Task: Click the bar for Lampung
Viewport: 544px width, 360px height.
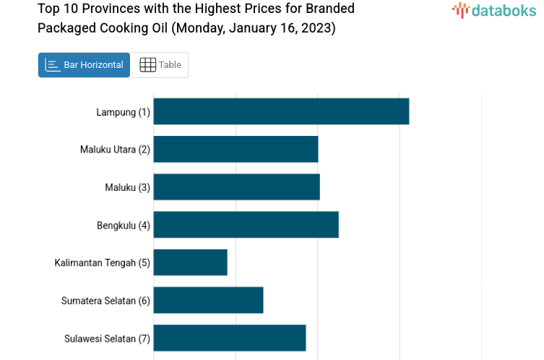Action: click(281, 111)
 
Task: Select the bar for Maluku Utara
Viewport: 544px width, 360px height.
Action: click(236, 149)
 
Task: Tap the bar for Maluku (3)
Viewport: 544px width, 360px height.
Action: click(236, 187)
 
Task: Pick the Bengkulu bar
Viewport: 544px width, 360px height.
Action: click(246, 224)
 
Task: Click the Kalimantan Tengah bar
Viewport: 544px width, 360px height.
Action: click(190, 262)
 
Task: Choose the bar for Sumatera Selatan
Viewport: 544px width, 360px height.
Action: click(208, 299)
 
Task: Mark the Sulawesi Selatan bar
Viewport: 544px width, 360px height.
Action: click(229, 338)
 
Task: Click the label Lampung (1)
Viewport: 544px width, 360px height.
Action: click(123, 112)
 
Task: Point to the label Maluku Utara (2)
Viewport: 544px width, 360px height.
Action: click(115, 150)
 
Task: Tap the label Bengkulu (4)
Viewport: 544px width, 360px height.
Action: click(123, 225)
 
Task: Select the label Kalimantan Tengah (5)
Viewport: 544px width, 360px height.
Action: click(102, 262)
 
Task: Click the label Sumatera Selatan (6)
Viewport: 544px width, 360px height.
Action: click(105, 300)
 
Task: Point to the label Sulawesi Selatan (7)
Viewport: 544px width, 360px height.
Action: click(107, 338)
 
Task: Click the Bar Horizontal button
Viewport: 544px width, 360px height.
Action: click(85, 65)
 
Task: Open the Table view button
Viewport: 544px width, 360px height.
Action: click(160, 65)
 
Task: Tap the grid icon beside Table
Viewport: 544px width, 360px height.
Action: click(147, 65)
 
